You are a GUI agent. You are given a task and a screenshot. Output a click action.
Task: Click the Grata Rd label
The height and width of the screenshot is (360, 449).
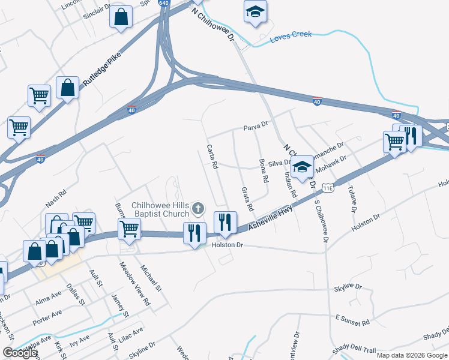coord(247,199)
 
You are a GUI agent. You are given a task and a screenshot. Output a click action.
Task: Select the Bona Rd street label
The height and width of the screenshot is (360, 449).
coord(262,171)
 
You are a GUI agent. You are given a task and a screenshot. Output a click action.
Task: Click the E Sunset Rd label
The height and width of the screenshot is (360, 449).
coord(352,320)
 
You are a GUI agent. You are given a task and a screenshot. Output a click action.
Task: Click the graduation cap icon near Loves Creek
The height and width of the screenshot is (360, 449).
coord(255,11)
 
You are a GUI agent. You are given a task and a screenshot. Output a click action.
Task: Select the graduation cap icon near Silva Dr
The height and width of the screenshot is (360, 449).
coord(303,166)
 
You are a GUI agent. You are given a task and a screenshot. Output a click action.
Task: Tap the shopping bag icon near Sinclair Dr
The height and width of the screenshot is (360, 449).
coord(121,17)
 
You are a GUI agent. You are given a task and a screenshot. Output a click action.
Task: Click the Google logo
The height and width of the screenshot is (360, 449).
coord(20,353)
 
